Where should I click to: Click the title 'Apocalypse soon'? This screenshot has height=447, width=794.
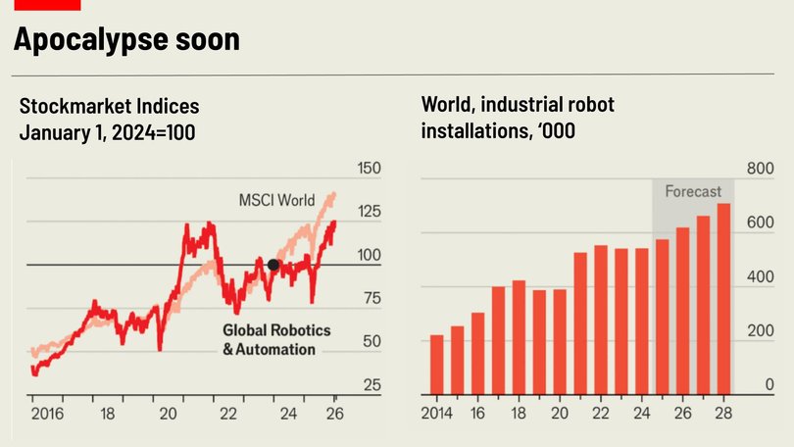(126, 40)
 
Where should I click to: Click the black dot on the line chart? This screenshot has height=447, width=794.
(273, 265)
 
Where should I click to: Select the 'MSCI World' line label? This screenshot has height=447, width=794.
(277, 200)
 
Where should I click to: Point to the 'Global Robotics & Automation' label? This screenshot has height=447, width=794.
(276, 339)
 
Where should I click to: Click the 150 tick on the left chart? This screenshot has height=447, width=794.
(369, 169)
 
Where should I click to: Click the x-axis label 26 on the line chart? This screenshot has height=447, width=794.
(335, 414)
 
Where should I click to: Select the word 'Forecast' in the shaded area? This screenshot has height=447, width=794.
(693, 191)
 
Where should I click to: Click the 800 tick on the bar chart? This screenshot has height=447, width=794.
(762, 169)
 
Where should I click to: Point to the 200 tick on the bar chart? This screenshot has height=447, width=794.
(762, 331)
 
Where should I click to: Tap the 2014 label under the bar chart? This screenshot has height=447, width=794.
(437, 414)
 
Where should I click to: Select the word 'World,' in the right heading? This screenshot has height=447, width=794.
(448, 105)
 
